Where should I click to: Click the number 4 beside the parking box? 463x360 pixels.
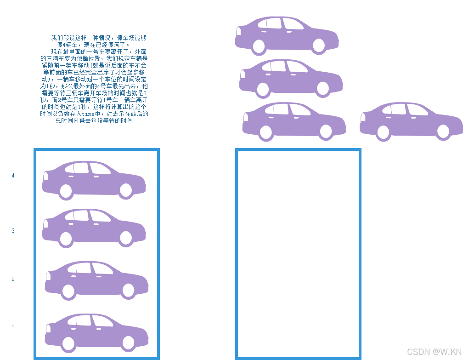click(13, 176)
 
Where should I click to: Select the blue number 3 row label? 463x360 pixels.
click(13, 231)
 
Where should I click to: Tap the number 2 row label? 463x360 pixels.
click(13, 279)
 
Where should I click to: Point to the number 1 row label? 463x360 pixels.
click(13, 327)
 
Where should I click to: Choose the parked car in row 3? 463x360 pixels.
click(94, 228)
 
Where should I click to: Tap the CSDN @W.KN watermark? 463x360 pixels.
click(434, 351)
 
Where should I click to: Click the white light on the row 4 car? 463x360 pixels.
click(45, 175)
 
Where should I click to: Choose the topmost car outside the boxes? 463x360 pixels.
click(287, 34)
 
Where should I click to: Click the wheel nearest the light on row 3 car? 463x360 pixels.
click(66, 239)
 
